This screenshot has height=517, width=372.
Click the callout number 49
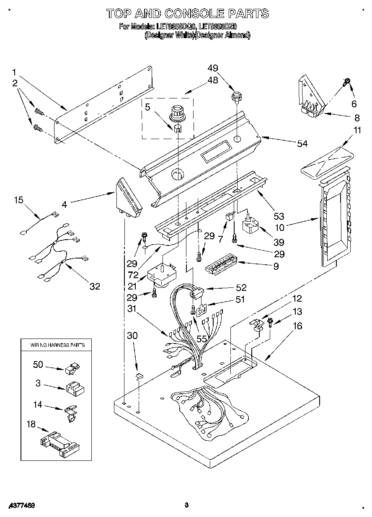213,68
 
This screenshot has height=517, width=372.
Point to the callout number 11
356,130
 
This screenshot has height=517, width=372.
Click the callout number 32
95,286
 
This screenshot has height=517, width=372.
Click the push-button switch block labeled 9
221,266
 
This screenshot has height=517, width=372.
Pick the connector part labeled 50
72,368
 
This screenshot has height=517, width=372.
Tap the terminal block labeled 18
60,442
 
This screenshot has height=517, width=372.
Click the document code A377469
21,506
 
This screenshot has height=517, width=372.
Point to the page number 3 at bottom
186,505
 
